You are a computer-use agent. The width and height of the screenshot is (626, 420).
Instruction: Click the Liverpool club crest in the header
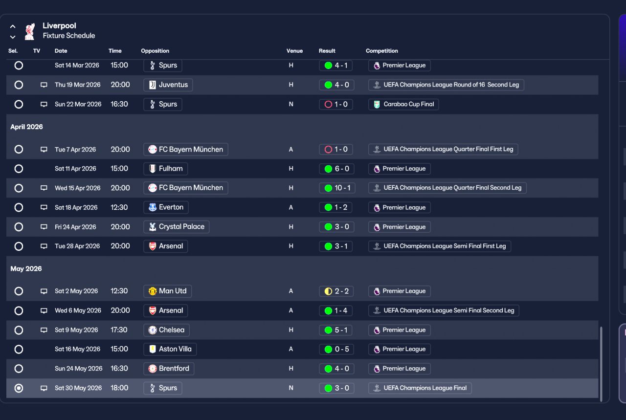coord(30,31)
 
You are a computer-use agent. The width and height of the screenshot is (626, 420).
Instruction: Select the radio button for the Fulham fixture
coord(19,169)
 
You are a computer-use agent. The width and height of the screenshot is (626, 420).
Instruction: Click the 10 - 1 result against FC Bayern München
coord(336,188)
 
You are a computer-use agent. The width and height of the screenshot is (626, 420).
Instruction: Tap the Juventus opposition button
coord(168,85)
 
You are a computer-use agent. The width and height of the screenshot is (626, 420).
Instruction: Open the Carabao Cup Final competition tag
coord(403,104)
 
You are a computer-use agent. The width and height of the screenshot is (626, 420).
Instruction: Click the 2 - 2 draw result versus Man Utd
coord(336,291)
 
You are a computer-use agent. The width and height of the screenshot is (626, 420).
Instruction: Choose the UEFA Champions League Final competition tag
coord(420,388)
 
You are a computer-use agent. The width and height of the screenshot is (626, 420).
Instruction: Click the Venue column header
coord(294,51)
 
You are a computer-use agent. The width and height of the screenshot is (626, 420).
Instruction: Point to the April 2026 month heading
coord(27,127)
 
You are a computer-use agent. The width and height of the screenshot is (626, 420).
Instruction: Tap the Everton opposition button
coord(166,207)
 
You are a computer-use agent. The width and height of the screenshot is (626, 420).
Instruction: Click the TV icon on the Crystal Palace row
coord(44,227)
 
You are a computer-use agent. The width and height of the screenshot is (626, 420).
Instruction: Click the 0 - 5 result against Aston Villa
coord(336,349)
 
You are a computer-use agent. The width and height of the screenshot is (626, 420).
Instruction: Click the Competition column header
coord(381,51)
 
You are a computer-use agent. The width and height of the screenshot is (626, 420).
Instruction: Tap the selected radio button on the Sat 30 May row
coord(19,388)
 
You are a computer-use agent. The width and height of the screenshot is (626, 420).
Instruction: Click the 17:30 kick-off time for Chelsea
coord(119,330)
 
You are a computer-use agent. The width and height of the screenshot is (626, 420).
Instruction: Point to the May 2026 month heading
coord(26,269)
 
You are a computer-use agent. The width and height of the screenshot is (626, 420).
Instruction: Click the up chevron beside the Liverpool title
coord(13,26)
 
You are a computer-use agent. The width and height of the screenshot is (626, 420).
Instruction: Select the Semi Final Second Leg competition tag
coord(444,310)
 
